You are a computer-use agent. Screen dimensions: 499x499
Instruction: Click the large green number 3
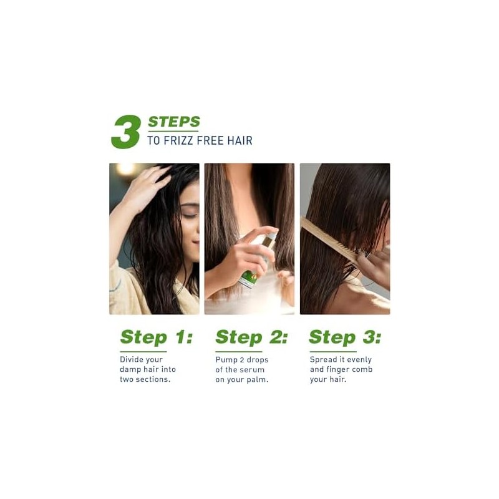point(126,132)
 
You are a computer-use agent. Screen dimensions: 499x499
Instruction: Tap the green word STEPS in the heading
point(174,122)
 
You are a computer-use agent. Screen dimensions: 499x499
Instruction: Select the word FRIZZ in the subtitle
point(178,141)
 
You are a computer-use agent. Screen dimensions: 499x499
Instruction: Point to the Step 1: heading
point(157,337)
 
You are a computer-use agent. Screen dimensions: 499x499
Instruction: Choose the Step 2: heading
point(251,337)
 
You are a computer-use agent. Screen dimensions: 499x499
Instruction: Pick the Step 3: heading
point(345,337)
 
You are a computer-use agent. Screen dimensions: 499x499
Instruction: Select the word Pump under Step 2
point(225,361)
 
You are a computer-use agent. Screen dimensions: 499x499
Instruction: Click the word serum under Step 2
point(254,370)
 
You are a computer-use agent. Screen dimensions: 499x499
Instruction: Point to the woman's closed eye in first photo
point(188,215)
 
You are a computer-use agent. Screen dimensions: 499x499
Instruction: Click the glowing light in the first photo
point(126,168)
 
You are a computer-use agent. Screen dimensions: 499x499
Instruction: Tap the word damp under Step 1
point(130,370)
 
